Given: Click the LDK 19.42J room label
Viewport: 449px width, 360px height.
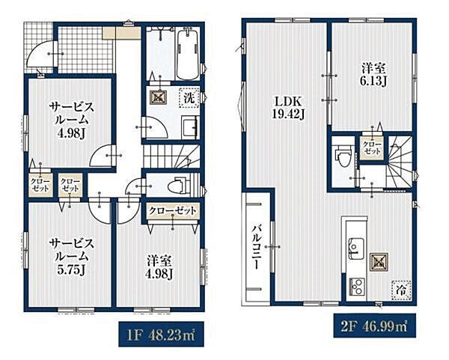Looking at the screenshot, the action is (288, 108).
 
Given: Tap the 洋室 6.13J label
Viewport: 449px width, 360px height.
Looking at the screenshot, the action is (373, 75).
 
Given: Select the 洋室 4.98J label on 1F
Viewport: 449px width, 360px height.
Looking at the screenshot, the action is (159, 267).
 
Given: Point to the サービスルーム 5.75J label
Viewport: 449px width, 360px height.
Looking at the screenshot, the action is (71, 257).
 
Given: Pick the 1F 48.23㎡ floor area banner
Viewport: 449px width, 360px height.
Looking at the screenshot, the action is (161, 334).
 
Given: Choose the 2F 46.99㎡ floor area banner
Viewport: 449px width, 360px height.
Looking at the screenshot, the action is (375, 326).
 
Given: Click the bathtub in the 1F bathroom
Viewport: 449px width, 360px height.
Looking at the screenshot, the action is (187, 55).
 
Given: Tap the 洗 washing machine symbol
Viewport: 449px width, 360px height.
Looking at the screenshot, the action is (189, 98).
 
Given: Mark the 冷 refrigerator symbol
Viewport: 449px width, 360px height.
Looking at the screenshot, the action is (401, 290).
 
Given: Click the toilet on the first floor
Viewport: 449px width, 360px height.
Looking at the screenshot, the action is (180, 186).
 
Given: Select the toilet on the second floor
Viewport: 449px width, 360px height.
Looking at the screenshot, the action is (343, 155).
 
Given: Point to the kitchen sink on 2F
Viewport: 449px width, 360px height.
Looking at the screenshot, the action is (356, 248).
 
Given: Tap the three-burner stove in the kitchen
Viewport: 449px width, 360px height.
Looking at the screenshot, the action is (356, 287).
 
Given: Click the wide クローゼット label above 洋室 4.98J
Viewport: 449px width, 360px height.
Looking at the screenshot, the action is (172, 211).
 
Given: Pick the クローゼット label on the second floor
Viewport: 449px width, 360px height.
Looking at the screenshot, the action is (372, 147).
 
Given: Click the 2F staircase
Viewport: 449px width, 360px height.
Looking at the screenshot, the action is (400, 162).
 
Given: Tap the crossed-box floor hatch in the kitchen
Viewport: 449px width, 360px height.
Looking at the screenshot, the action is (379, 262).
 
